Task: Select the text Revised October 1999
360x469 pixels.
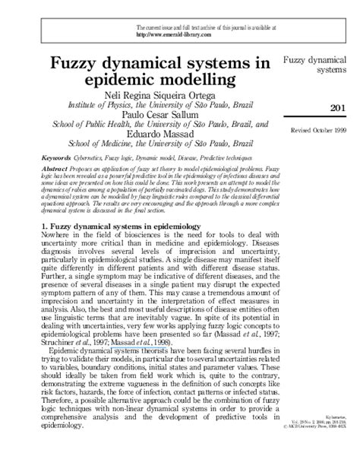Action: coord(318,132)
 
